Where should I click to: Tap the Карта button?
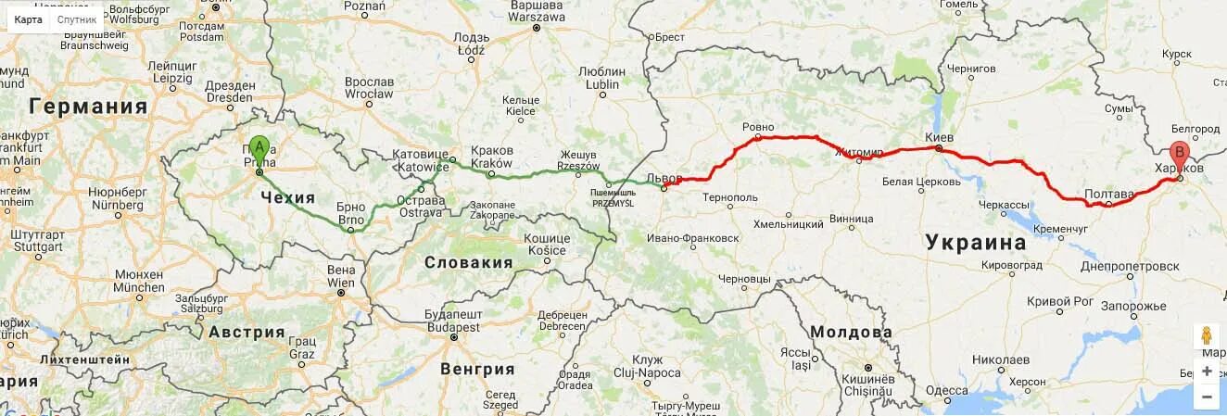pos(28,19)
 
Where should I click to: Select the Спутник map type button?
pos(76,19)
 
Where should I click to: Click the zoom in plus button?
pos(1207,371)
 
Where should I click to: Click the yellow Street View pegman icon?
pos(1207,335)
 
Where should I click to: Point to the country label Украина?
pos(976,243)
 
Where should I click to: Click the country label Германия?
pos(88,107)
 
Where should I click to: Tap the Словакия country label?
pos(468,262)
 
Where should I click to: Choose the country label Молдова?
pos(851,332)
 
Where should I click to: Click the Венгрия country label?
pos(477,369)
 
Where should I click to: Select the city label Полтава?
pos(1108,194)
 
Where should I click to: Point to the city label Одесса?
pos(946,390)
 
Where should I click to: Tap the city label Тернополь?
pos(730,197)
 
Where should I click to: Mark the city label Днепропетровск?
pos(1130,266)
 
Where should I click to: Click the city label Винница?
pos(851,219)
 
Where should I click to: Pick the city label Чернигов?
pos(971,69)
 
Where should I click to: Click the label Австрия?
pos(247,332)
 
